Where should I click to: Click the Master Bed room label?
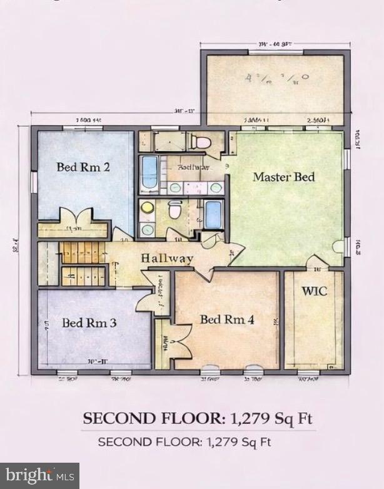click(283, 177)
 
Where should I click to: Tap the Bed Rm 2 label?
click(83, 167)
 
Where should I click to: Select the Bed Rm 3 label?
click(89, 324)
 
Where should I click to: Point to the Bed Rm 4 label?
click(226, 320)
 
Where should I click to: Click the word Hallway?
click(166, 258)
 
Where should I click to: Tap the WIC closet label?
click(313, 291)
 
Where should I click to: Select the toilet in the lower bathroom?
click(175, 208)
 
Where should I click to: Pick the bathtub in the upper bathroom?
click(149, 173)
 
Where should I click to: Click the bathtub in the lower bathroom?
click(213, 215)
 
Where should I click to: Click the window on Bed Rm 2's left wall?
click(34, 182)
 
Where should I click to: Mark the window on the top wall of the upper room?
click(275, 53)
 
